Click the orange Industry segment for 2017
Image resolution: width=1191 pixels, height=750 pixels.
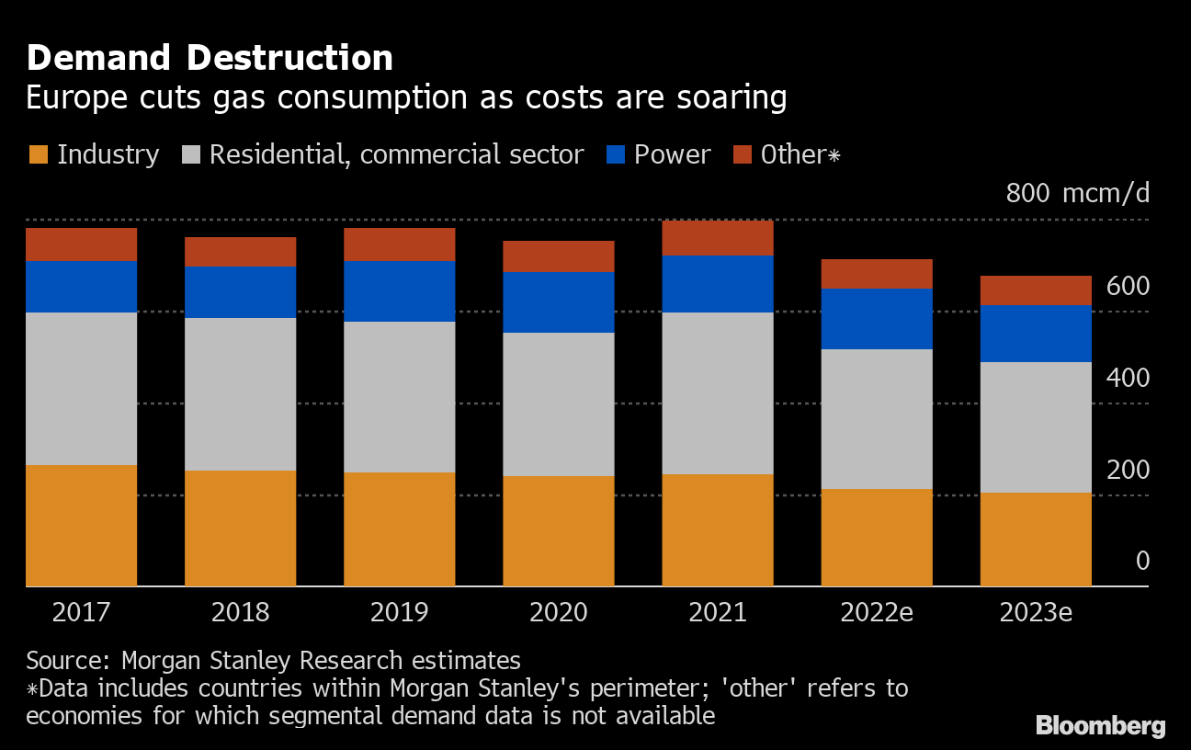[82, 525]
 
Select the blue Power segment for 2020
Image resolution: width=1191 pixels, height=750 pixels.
[559, 301]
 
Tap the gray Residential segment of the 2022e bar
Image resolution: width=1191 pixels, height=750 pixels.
[877, 418]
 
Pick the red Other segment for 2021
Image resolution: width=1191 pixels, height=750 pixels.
[718, 237]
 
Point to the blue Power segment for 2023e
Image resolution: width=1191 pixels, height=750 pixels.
[1036, 333]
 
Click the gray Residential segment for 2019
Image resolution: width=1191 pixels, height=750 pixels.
[400, 396]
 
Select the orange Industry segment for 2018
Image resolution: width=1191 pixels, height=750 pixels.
[241, 528]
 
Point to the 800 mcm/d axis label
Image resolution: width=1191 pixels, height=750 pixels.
[1077, 194]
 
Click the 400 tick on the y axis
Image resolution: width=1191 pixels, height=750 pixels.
[1128, 378]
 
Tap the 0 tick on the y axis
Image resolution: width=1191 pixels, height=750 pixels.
[1142, 561]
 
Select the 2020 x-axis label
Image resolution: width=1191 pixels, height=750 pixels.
[559, 612]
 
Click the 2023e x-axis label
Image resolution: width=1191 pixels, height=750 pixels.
[1036, 612]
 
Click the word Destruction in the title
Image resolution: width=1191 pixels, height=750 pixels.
[289, 59]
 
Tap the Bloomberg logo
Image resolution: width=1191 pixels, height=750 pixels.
[1100, 725]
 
